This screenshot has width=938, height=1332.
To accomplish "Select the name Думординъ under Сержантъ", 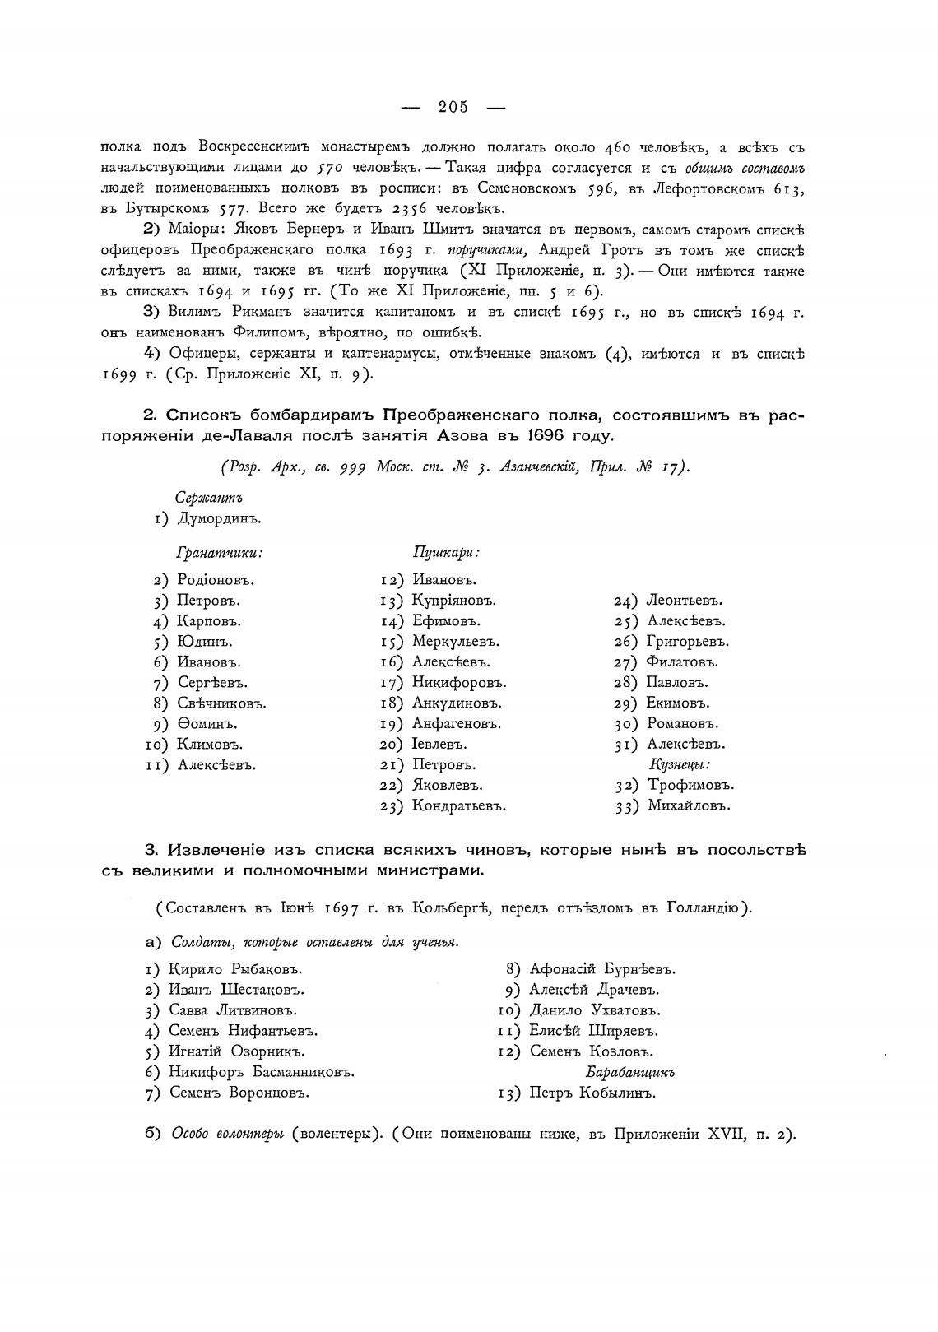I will tap(220, 518).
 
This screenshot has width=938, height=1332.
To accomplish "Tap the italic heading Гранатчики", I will tap(220, 554).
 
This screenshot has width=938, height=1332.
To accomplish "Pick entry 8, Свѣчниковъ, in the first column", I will tap(221, 703).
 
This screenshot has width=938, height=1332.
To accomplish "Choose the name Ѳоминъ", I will tap(207, 724).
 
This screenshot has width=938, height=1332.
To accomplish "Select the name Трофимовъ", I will tap(690, 785).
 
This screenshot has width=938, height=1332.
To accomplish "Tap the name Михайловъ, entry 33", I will tap(689, 806).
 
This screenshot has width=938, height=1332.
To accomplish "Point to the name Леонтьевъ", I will tap(685, 601).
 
